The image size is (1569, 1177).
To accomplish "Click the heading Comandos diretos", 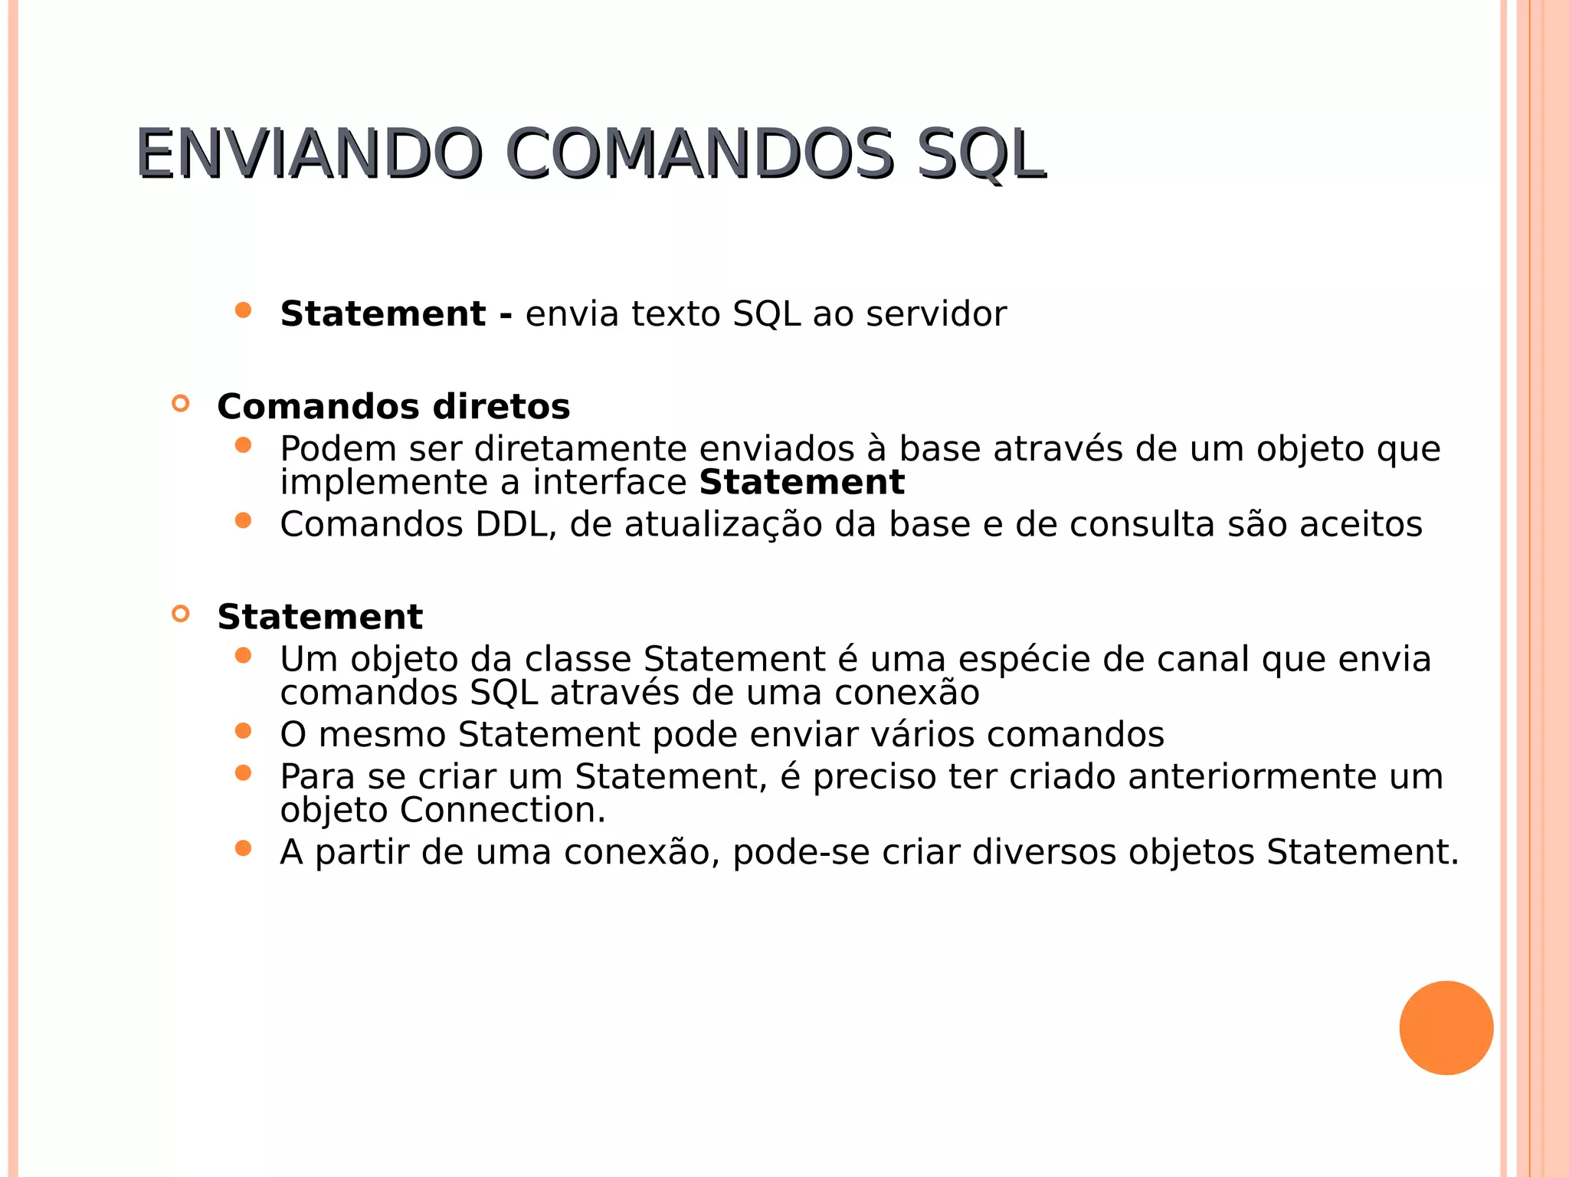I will click(x=393, y=407).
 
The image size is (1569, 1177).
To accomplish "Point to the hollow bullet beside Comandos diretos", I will click(x=181, y=404).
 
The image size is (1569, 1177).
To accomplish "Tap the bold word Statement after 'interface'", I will click(x=801, y=483).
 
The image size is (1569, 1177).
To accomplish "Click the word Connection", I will click(x=503, y=811).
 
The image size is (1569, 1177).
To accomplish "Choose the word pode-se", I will click(x=801, y=853).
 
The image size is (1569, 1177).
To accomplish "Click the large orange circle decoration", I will click(x=1446, y=1028).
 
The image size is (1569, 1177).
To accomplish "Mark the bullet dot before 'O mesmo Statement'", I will click(x=244, y=731).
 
